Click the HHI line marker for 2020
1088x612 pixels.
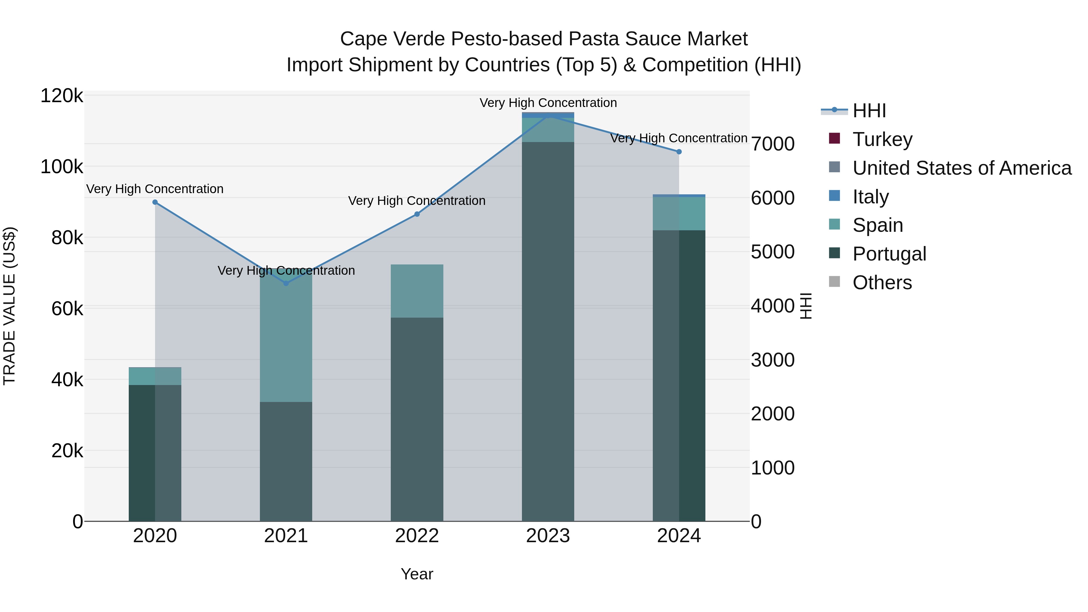(155, 202)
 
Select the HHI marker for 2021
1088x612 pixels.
(286, 283)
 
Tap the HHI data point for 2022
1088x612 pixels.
(417, 214)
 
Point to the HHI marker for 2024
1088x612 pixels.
(679, 152)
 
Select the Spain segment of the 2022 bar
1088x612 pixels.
(417, 291)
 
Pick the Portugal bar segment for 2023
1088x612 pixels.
(548, 332)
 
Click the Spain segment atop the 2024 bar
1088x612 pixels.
(679, 214)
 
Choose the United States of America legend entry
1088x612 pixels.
(962, 168)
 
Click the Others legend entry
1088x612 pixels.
(882, 283)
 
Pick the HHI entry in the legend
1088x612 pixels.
(869, 111)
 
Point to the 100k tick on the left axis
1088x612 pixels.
(62, 167)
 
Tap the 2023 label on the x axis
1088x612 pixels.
(548, 536)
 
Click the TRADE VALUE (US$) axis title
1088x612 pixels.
(10, 306)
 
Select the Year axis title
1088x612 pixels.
(417, 574)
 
